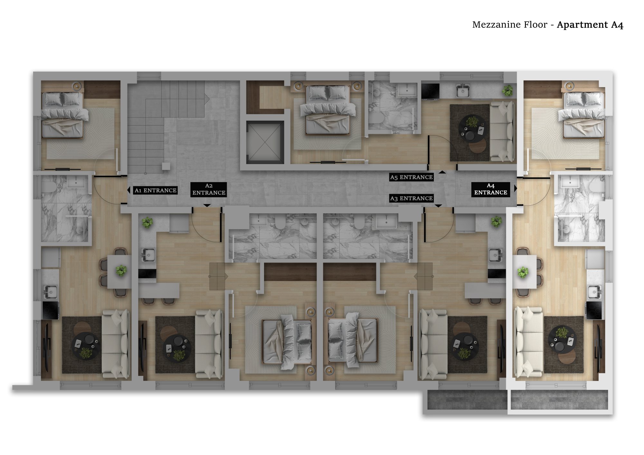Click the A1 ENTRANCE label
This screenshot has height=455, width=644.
[x=156, y=190]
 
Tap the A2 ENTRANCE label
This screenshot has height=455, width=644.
[x=209, y=189]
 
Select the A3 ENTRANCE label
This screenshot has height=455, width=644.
[x=411, y=198]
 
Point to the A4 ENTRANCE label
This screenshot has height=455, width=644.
[x=490, y=189]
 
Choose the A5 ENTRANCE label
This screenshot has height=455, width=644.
[x=411, y=177]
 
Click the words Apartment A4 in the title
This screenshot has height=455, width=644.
[x=590, y=25]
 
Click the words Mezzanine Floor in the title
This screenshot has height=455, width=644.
[x=510, y=25]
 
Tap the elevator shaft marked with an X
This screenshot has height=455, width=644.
[x=265, y=143]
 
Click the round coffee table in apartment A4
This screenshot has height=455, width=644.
[x=562, y=339]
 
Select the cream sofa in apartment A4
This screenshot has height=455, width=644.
[x=528, y=342]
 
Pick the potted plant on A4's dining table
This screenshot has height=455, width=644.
[x=523, y=272]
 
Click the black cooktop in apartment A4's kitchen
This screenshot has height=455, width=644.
[x=594, y=310]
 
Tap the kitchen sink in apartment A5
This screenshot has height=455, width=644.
[x=463, y=91]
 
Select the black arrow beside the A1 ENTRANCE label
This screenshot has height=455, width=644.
[x=129, y=190]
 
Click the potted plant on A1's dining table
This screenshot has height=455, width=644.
[x=121, y=271]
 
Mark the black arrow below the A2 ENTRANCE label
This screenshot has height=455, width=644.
[x=207, y=205]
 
